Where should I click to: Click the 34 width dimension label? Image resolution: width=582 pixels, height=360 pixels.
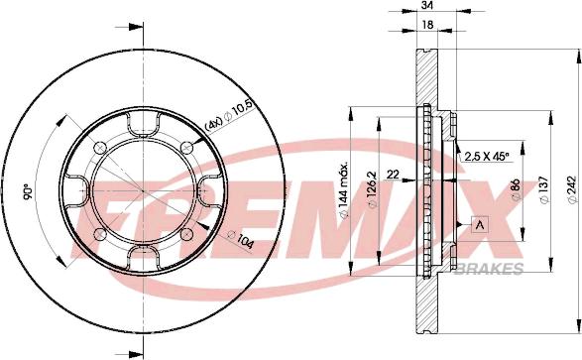(x=428, y=5)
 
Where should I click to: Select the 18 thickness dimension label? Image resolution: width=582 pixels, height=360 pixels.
(x=428, y=25)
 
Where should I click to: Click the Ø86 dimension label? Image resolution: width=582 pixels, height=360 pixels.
(x=516, y=189)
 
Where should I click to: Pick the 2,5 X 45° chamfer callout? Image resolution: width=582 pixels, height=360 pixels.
(x=487, y=157)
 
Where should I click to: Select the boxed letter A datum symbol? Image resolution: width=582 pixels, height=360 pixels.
(x=480, y=225)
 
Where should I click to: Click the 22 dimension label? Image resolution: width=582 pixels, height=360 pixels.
(x=393, y=174)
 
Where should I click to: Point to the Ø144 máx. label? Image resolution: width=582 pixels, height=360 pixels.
(x=344, y=190)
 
